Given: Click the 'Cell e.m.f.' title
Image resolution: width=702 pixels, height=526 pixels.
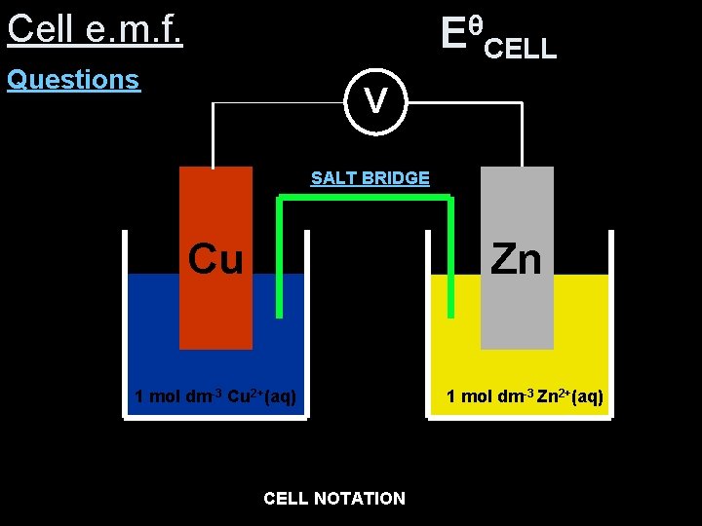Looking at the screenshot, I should click(x=95, y=29).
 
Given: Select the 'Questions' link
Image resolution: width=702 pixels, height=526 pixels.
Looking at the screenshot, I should click(x=73, y=80).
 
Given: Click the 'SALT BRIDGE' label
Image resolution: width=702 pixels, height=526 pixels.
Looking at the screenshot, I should click(x=370, y=178).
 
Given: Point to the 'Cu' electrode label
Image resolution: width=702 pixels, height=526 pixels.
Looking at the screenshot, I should click(x=215, y=259).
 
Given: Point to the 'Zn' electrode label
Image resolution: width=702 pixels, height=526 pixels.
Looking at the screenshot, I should click(x=517, y=259).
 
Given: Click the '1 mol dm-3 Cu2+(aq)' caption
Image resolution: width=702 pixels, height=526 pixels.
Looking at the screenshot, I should click(x=215, y=396).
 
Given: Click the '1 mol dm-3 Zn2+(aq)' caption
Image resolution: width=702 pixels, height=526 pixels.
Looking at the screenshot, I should click(x=525, y=396).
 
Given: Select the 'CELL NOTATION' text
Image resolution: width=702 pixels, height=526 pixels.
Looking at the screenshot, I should click(x=334, y=499).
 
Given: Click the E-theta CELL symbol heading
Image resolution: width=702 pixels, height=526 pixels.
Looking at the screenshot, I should click(x=497, y=36).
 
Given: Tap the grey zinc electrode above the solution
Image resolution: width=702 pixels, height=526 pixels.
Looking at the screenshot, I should click(x=517, y=209).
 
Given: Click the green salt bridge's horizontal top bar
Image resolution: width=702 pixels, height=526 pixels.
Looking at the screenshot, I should click(x=365, y=198).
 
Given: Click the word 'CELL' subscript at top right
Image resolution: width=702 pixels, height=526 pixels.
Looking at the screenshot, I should click(x=521, y=48).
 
